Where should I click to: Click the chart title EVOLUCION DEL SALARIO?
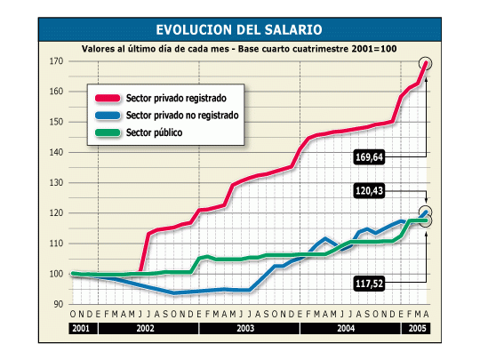click(240, 29)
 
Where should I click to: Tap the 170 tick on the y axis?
click(55, 61)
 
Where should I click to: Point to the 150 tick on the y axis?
click(55, 122)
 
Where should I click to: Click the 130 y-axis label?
click(55, 183)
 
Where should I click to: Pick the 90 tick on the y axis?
click(57, 304)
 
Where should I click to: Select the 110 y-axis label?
click(55, 244)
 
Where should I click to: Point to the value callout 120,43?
click(373, 191)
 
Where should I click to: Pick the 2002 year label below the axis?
click(149, 329)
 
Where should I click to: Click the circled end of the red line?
click(426, 63)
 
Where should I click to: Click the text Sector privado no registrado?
click(183, 116)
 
